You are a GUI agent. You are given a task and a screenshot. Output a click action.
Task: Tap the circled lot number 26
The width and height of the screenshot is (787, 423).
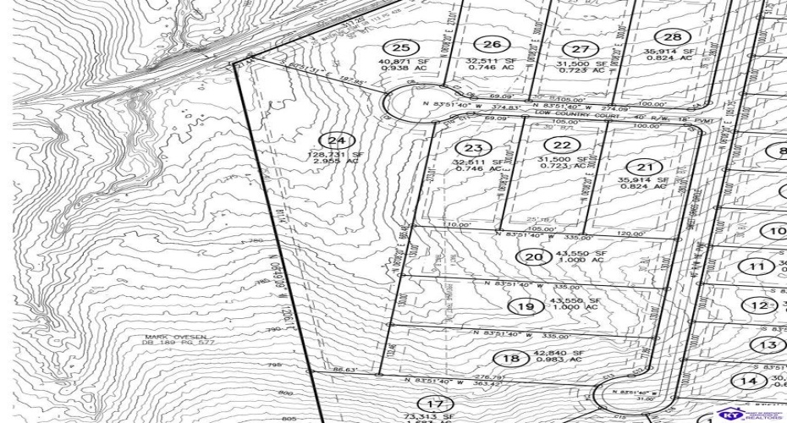pos(492,45)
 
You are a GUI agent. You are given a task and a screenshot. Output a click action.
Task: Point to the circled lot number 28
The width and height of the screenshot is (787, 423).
pos(674,36)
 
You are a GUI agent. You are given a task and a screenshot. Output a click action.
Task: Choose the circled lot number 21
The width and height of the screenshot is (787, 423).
pos(646,167)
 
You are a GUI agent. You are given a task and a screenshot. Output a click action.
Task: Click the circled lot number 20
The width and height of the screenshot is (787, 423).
pos(531,257)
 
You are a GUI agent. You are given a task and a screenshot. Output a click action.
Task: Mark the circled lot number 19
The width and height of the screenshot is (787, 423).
pos(526,306)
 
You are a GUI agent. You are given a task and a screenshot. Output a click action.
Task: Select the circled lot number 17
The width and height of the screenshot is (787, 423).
pos(435,404)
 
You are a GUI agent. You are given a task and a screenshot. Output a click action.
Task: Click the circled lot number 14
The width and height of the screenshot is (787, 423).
pos(745,382)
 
